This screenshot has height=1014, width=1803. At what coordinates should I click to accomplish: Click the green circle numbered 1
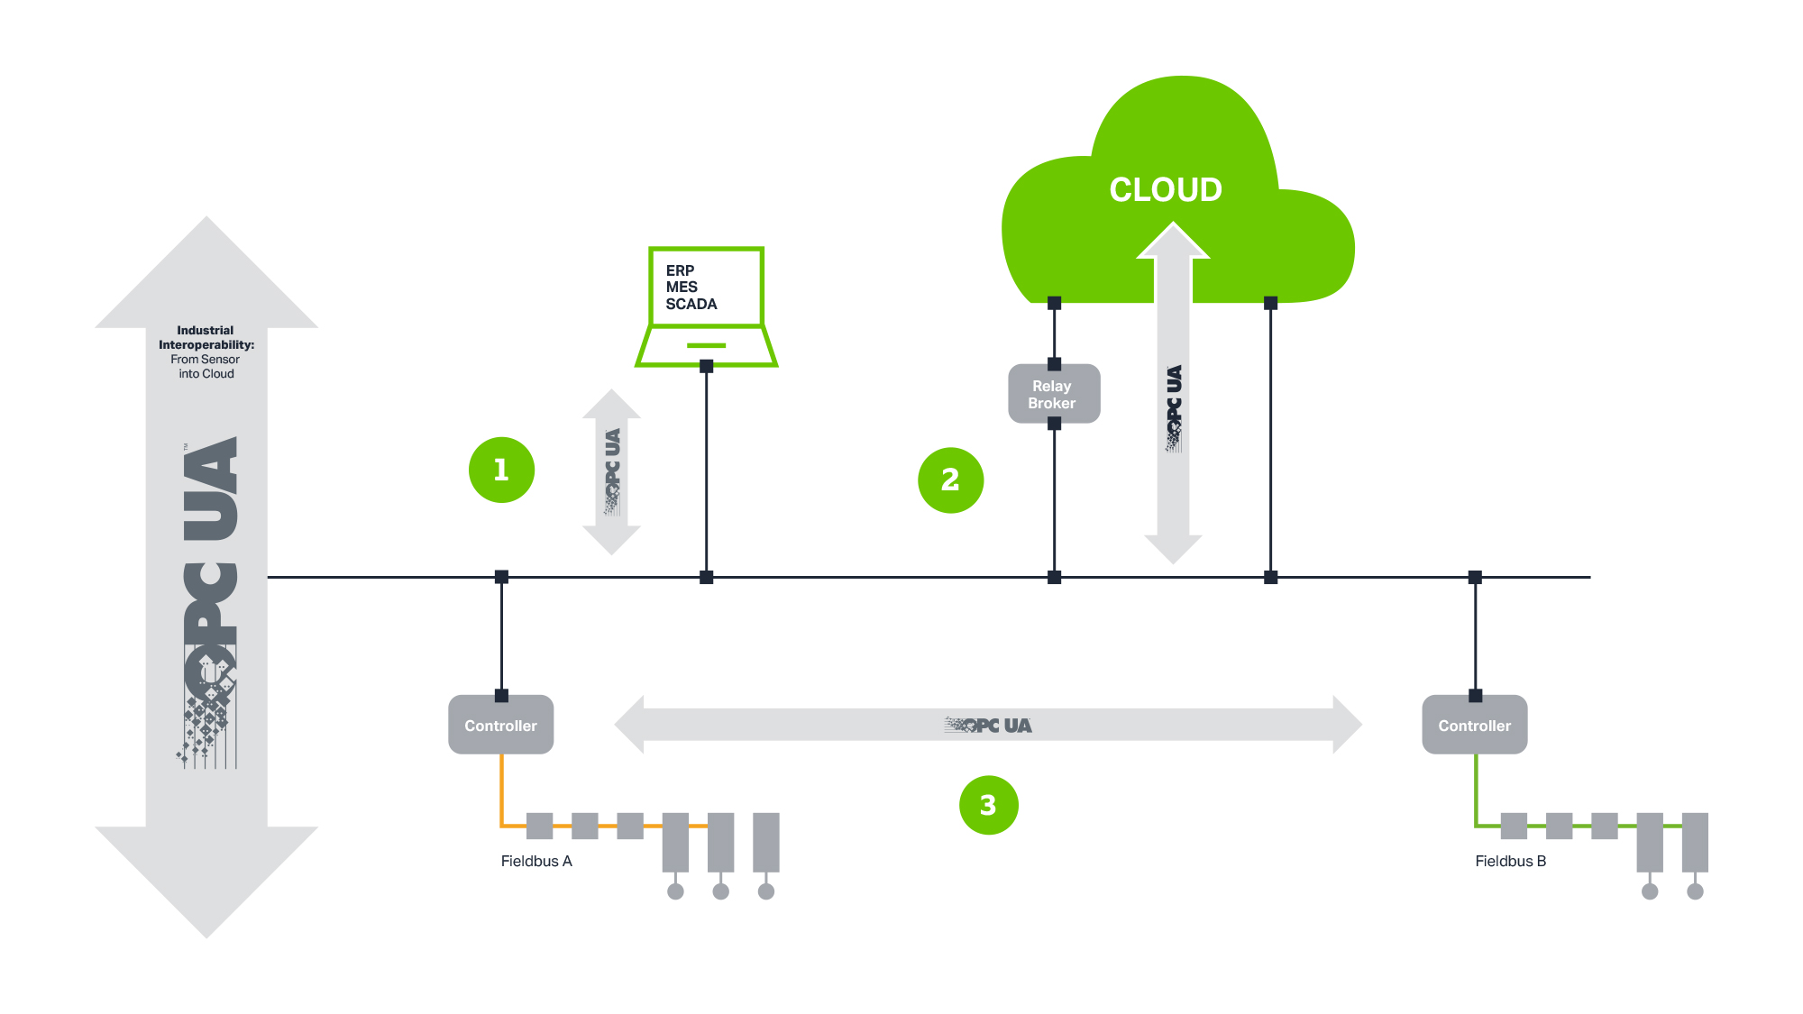tap(501, 470)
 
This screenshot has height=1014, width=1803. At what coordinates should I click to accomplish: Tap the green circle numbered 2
tap(950, 480)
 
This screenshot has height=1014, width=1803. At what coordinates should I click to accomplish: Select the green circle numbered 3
tap(988, 805)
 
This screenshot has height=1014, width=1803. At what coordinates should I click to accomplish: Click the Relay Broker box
tap(1054, 394)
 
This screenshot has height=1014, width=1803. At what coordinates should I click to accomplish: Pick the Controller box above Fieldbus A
tap(500, 725)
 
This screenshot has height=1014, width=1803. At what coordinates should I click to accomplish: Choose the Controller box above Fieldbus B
tap(1475, 725)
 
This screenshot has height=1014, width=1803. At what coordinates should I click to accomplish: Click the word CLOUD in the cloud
tap(1166, 189)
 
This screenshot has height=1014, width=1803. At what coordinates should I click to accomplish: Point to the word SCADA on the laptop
tap(691, 305)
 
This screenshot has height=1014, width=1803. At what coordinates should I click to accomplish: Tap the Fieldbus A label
tap(536, 861)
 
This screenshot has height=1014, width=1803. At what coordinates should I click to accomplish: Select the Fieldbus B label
tap(1511, 861)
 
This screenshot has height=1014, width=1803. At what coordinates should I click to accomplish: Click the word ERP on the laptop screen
tap(680, 270)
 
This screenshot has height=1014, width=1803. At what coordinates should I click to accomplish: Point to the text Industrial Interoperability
tap(206, 337)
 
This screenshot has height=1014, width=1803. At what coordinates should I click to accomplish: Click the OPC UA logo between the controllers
tap(988, 725)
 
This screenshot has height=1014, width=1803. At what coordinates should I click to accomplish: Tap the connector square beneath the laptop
tap(707, 366)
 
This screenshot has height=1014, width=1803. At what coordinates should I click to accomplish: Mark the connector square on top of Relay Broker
tap(1054, 364)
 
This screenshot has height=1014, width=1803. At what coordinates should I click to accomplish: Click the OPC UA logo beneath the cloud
tap(1173, 407)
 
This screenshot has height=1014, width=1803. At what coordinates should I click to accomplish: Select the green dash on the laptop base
tap(706, 345)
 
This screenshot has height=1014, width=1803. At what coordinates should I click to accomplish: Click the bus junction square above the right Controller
tap(1475, 577)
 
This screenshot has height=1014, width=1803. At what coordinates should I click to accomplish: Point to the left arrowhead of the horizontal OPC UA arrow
tap(629, 725)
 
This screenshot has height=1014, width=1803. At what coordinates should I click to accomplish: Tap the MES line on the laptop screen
tap(682, 288)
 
